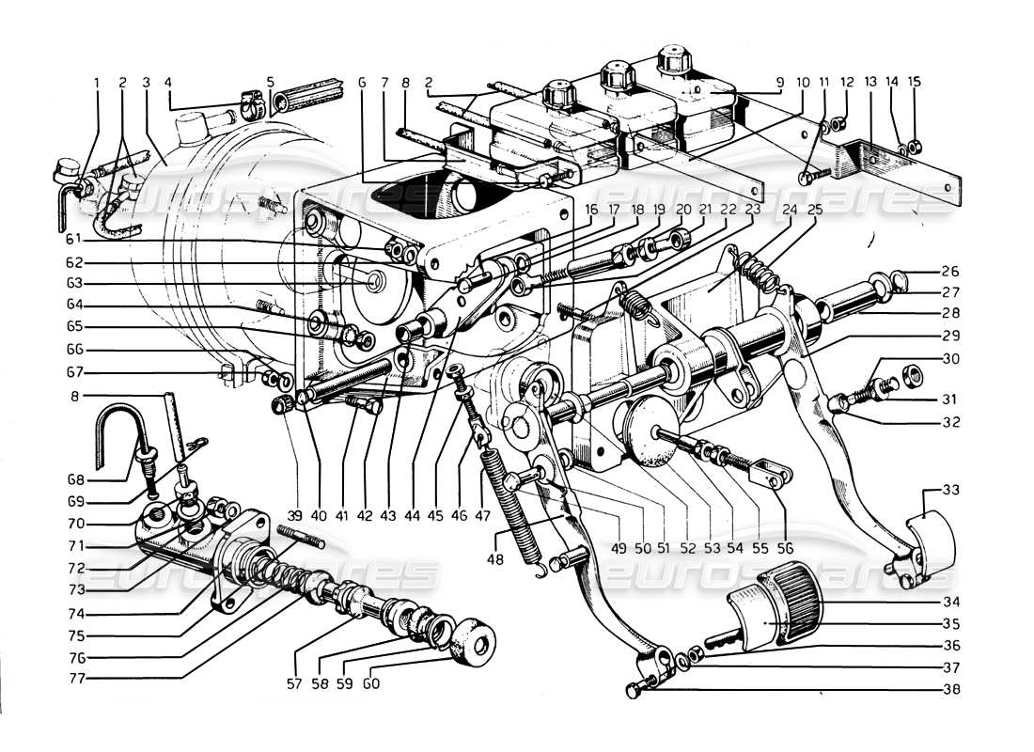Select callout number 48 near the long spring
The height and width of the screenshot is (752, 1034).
494,558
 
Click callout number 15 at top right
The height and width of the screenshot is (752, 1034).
917,82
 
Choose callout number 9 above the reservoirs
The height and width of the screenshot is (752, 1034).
776,82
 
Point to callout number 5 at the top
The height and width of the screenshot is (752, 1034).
271,82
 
